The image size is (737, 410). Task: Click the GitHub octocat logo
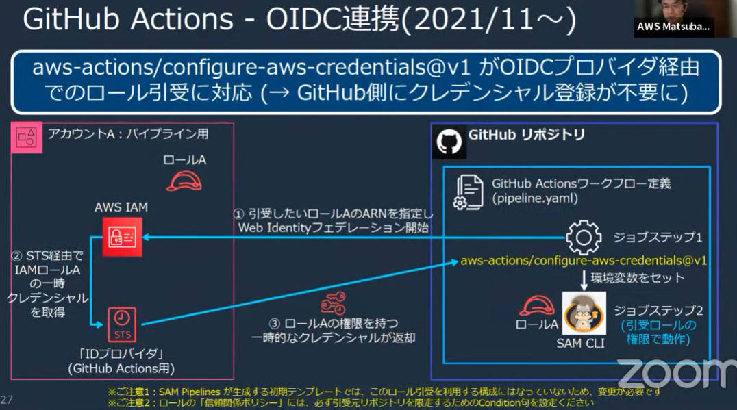pyautogui.click(x=449, y=142)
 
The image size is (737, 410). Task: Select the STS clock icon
pyautogui.click(x=122, y=324)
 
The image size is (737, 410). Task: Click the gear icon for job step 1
pyautogui.click(x=584, y=238)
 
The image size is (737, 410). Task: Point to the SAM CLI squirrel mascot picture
pyautogui.click(x=584, y=313)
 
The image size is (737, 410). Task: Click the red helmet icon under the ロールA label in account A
pyautogui.click(x=184, y=181)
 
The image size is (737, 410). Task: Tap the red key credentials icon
pyautogui.click(x=334, y=303)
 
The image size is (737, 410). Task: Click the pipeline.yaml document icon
pyautogui.click(x=468, y=192)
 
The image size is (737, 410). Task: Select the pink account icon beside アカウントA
pyautogui.click(x=27, y=138)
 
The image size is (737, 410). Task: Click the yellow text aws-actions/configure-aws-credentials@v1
pyautogui.click(x=584, y=261)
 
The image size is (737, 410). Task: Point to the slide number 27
pyautogui.click(x=7, y=400)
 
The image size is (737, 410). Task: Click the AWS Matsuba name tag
pyautogui.click(x=673, y=27)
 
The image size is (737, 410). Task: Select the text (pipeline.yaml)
pyautogui.click(x=535, y=198)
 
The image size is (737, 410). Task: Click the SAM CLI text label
pyautogui.click(x=580, y=344)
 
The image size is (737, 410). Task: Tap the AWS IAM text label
pyautogui.click(x=121, y=207)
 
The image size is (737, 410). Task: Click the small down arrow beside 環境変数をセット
pyautogui.click(x=584, y=280)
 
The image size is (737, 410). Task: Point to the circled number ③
pyautogui.click(x=275, y=324)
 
